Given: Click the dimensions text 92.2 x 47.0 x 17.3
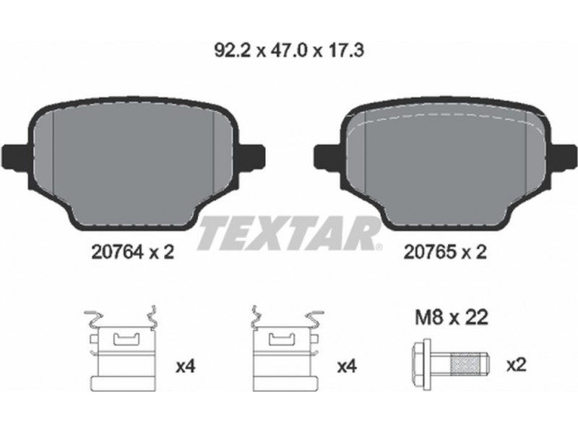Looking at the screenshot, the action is tap(289, 51).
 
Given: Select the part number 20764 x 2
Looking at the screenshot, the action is tap(132, 252).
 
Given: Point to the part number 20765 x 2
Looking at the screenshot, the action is tap(445, 252).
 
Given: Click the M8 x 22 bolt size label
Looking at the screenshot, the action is tap(452, 317).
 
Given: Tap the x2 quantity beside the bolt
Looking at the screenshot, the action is tap(517, 365).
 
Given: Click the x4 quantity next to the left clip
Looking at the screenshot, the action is tap(185, 367).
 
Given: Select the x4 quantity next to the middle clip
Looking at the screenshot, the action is tap(347, 367).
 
